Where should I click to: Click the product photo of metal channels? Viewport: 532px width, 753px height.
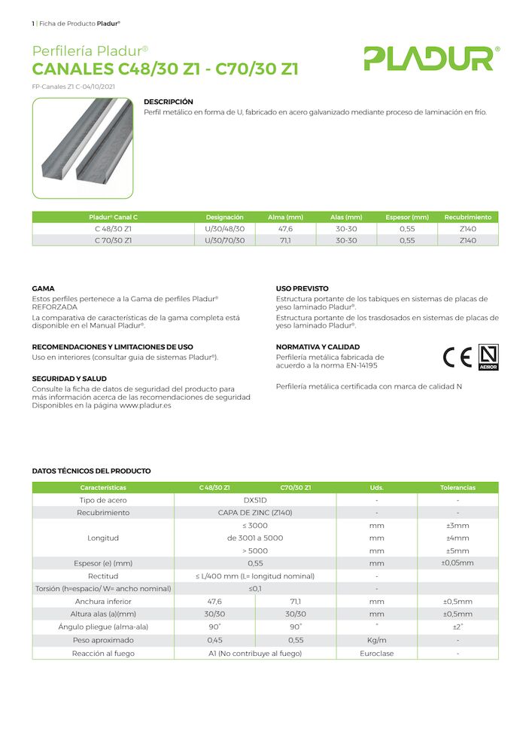(x=83, y=148)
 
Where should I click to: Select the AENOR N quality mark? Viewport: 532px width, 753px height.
(x=489, y=356)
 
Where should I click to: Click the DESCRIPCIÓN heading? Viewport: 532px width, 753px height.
(x=169, y=102)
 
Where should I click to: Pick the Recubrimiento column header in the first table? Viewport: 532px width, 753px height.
(x=467, y=217)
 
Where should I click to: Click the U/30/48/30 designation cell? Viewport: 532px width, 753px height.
(x=225, y=228)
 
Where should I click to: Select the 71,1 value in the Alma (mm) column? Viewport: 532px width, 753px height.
(x=286, y=240)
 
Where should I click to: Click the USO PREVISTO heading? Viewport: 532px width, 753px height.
(x=302, y=288)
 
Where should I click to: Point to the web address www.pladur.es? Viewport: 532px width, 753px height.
(x=145, y=405)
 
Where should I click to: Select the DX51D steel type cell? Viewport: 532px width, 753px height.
(x=256, y=500)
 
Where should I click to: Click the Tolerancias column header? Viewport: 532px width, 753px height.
(x=458, y=488)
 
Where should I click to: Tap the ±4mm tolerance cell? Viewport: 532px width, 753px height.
(x=458, y=538)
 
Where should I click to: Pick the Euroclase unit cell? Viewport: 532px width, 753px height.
(x=376, y=654)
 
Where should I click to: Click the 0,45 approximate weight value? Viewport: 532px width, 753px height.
(x=214, y=640)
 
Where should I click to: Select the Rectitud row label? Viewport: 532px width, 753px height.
(x=103, y=576)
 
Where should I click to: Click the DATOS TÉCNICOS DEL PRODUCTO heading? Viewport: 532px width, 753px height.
(x=91, y=471)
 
